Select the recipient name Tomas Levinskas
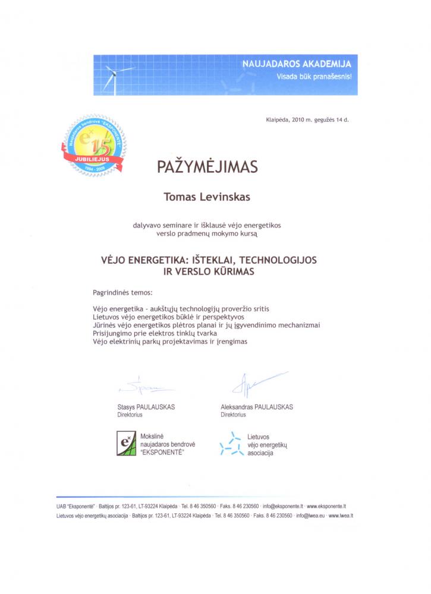[207, 197]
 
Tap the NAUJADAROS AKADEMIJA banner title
[297, 64]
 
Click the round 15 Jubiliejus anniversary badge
[92, 146]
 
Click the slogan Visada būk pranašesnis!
[314, 77]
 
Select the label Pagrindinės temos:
[122, 293]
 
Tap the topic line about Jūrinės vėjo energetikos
[206, 325]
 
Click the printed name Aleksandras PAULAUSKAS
[256, 407]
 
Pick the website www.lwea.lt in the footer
[341, 516]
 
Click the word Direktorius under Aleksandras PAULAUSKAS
[233, 415]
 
